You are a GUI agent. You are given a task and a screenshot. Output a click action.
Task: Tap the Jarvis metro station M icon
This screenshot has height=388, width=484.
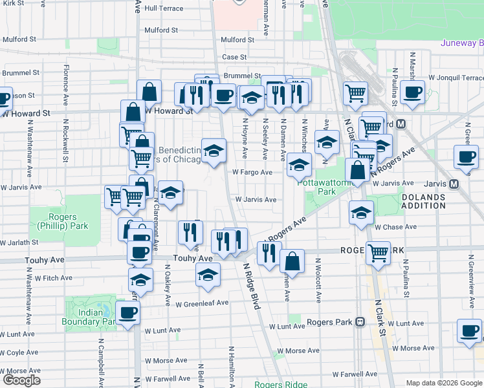tap(454, 184)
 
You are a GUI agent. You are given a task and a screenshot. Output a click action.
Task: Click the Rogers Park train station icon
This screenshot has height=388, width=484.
tap(360, 322)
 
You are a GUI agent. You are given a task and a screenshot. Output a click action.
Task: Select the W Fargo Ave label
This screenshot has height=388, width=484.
tap(253, 173)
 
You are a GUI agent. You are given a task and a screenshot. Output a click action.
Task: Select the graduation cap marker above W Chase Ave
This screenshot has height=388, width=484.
tap(361, 213)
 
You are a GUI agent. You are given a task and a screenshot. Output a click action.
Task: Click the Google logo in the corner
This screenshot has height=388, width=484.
tap(21, 380)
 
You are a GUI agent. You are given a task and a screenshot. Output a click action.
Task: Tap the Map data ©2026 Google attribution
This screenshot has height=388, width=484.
tap(444, 383)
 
